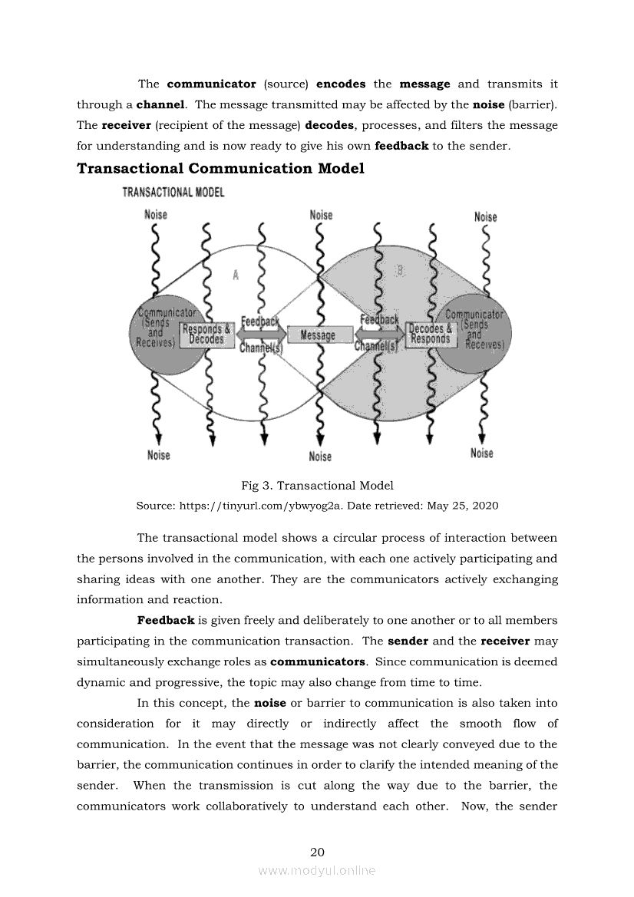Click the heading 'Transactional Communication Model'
220,168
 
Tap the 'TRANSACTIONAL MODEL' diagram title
173,192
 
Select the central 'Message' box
319,335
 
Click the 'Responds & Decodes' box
206,335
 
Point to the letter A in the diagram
235,275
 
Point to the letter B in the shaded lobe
400,270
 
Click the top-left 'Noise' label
156,214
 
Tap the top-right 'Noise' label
485,217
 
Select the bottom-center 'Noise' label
320,457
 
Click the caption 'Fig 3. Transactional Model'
317,485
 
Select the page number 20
317,852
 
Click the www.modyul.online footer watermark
317,870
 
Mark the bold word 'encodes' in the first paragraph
341,84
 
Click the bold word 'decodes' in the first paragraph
329,125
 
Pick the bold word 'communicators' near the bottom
317,661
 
